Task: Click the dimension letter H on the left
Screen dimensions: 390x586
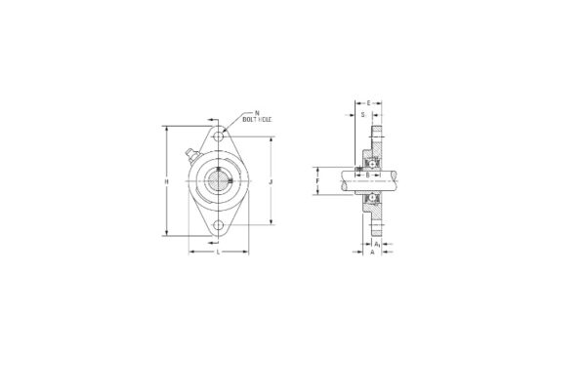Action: point(168,181)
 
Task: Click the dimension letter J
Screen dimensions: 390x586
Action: point(269,181)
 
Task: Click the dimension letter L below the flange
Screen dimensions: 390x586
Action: point(218,252)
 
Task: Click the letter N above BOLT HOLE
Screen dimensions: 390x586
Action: point(256,114)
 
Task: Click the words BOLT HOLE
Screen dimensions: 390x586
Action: point(258,122)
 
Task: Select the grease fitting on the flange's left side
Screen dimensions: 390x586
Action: point(189,156)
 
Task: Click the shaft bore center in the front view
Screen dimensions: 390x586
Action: point(219,181)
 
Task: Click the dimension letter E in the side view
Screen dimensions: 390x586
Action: point(368,101)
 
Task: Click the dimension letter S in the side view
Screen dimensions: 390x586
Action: point(362,114)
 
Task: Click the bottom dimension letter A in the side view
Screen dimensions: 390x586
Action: point(372,253)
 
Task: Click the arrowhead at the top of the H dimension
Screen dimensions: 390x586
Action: point(168,127)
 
